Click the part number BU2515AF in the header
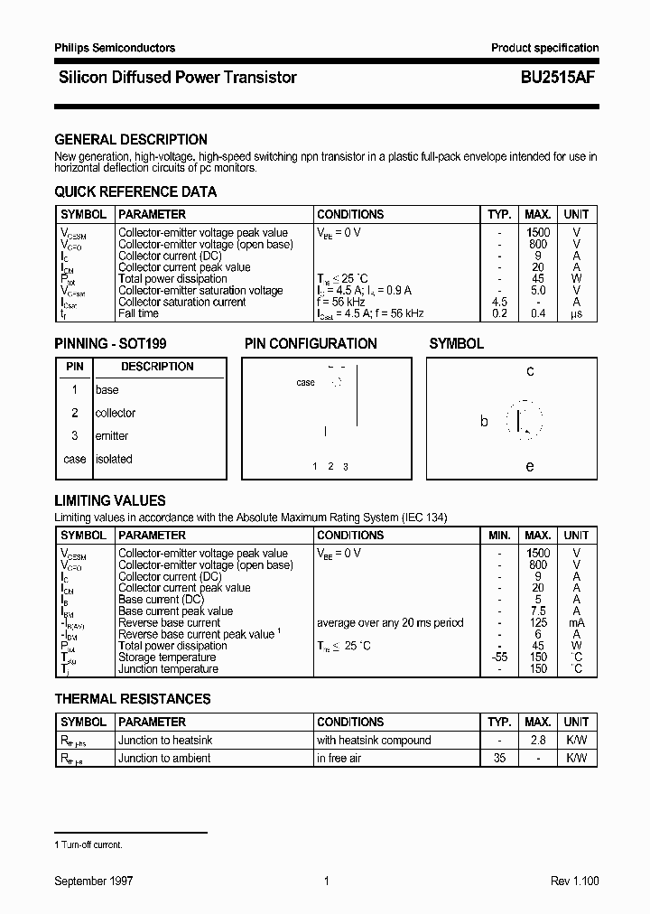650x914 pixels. [555, 78]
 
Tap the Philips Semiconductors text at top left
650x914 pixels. [115, 48]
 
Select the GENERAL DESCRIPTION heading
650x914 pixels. [131, 140]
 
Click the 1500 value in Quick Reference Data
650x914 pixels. [538, 233]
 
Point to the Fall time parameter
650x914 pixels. [138, 313]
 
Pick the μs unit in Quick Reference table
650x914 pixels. [576, 313]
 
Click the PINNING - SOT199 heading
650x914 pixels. [110, 344]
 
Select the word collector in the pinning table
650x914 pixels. [116, 414]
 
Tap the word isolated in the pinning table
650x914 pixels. [114, 460]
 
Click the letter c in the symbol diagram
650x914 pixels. [530, 371]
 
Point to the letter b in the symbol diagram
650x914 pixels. [484, 422]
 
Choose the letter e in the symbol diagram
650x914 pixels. [530, 467]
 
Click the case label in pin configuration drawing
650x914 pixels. [306, 383]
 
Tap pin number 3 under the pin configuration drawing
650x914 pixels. [346, 467]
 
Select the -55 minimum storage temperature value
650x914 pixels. [499, 658]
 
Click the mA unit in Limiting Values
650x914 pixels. [576, 623]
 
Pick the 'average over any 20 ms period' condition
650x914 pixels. [390, 623]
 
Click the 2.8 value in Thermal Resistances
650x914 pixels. [538, 741]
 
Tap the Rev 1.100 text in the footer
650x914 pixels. [574, 881]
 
